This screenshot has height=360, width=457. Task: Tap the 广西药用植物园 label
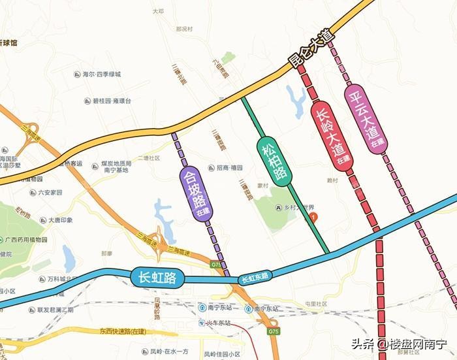(x=27, y=240)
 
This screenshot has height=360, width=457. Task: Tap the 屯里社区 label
(x=316, y=304)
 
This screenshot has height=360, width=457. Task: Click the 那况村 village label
(x=185, y=29)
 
